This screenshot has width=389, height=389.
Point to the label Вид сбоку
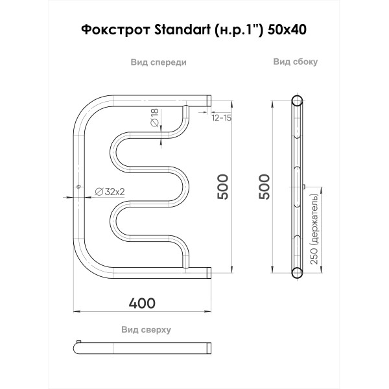click(295, 62)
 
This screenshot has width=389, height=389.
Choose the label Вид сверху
click(146, 329)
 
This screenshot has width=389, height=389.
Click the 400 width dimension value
click(143, 303)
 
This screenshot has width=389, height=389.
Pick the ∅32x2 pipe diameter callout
click(110, 191)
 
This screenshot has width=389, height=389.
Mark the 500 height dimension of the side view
click(264, 187)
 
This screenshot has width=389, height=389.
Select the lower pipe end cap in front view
click(209, 272)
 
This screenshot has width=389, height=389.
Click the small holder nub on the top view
click(78, 341)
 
